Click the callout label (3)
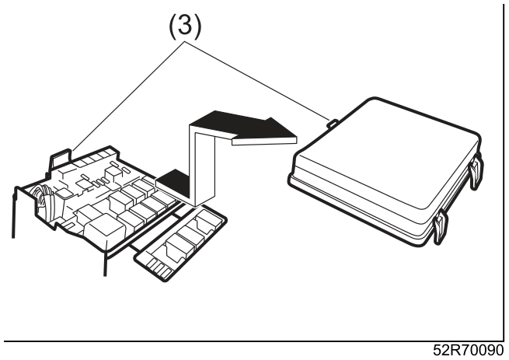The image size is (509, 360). (x=185, y=26)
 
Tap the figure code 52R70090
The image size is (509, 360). (x=468, y=350)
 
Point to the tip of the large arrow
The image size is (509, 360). (x=297, y=137)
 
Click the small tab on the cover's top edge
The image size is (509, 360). (x=333, y=124)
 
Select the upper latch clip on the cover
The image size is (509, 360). (x=476, y=172)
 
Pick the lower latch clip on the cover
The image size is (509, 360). (x=441, y=226)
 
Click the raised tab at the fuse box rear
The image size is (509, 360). (x=61, y=159)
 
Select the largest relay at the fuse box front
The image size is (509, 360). (x=104, y=231)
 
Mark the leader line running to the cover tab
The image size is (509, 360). (x=256, y=79)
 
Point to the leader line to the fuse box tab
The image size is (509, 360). (x=129, y=96)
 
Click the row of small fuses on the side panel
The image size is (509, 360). (x=159, y=268)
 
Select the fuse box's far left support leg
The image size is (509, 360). (x=14, y=212)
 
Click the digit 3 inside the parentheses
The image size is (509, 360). (x=185, y=26)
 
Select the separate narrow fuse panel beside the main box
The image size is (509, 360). (x=180, y=243)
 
